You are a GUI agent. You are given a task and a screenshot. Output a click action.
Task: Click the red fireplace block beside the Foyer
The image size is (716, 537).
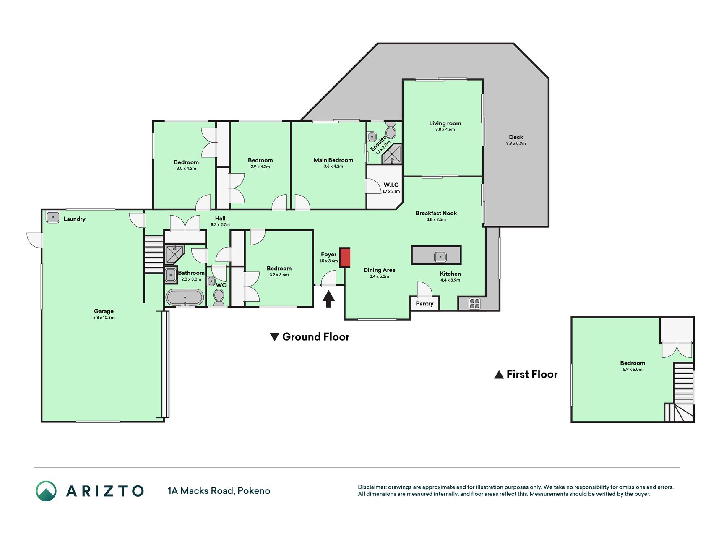click(x=345, y=257)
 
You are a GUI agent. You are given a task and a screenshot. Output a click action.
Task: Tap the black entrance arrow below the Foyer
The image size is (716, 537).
click(x=328, y=299)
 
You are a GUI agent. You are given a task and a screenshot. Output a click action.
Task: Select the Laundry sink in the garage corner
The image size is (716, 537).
click(x=53, y=217)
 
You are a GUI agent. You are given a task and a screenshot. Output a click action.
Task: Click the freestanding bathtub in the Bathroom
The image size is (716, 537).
click(x=185, y=297)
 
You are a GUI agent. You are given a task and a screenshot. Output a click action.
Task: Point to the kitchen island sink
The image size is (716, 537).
click(x=440, y=257)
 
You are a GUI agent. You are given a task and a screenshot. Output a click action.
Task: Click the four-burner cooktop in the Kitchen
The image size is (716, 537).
click(x=474, y=303)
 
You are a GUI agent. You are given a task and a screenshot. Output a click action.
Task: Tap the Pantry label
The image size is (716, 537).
click(x=424, y=304)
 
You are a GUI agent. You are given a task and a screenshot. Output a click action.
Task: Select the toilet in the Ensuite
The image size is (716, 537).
click(x=391, y=130)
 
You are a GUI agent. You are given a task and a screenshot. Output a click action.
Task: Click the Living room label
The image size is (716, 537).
click(x=445, y=123)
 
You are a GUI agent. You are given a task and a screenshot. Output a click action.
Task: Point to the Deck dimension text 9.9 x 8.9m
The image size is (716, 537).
click(x=516, y=143)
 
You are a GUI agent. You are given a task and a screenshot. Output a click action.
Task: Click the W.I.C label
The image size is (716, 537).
click(x=391, y=185)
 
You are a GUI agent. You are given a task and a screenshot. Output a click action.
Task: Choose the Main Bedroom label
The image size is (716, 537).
click(x=333, y=160)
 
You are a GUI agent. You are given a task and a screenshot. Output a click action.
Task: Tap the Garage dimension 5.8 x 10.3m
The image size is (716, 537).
click(x=104, y=318)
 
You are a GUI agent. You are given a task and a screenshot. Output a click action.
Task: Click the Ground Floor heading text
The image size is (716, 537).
click(x=316, y=337)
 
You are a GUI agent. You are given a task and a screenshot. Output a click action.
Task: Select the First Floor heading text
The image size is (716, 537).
click(x=532, y=374)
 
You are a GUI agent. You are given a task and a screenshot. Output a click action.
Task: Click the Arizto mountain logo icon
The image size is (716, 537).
click(x=46, y=491)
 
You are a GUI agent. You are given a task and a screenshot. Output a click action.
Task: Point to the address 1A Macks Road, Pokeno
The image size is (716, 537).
click(x=219, y=491)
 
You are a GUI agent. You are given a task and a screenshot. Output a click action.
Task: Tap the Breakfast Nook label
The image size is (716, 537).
click(x=436, y=213)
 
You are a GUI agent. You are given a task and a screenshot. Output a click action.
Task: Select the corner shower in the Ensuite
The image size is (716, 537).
click(x=392, y=154)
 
